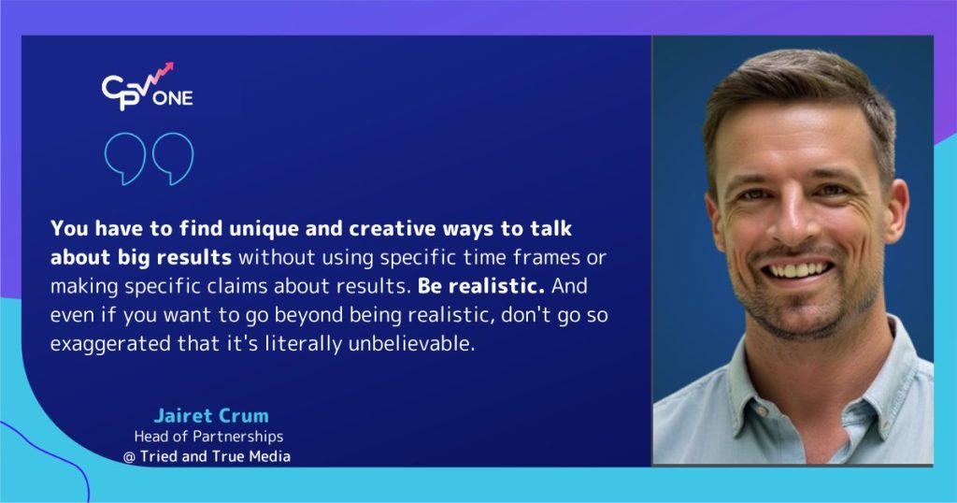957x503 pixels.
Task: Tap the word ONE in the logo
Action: [176, 97]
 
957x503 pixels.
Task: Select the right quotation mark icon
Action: [172, 159]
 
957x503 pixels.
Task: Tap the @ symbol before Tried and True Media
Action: [129, 455]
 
